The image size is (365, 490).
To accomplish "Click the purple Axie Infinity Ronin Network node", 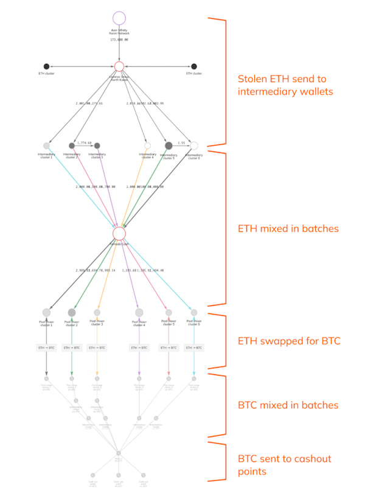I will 119,18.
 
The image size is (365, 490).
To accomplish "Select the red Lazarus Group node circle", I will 119,66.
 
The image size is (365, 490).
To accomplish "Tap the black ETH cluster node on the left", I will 46,66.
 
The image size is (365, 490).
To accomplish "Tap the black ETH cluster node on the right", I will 194,66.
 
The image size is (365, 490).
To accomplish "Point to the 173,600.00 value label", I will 119,40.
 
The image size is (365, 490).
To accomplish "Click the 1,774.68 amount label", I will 84,142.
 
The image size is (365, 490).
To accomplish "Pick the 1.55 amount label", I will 182,142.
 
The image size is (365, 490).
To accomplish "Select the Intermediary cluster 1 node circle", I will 46,146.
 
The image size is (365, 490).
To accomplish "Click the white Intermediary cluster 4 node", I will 148,146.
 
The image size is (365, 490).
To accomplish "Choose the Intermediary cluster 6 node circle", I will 194,146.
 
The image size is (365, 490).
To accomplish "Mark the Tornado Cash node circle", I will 119,233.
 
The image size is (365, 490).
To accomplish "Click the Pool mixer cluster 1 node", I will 46,312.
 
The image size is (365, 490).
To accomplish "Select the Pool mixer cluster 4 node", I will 139,312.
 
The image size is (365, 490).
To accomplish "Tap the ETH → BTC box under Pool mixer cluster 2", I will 72,348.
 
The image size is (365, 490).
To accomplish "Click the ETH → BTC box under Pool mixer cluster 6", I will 194,348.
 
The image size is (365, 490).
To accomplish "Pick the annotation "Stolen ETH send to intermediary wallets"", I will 285,86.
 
